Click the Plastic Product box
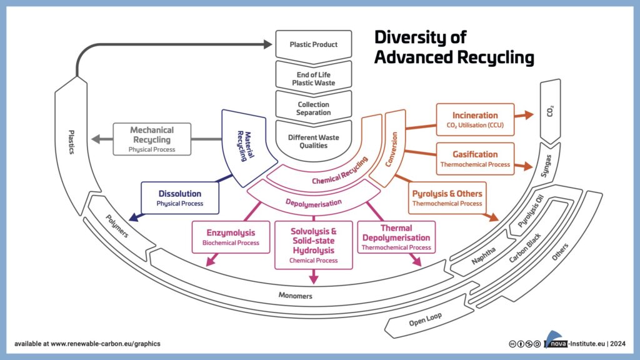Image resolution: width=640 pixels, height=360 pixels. tap(313, 45)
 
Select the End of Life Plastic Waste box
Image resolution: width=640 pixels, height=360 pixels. tap(313, 79)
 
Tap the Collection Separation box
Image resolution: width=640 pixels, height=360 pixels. tap(313, 109)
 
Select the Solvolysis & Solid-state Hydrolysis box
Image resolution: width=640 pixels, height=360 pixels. tap(313, 244)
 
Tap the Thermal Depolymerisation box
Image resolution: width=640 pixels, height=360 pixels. tap(396, 237)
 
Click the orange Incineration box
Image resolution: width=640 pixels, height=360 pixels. tap(475, 119)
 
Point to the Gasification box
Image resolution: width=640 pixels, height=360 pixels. tap(475, 159)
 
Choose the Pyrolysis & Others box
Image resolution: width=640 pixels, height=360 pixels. tap(447, 197)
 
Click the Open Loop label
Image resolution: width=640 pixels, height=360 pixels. tap(425, 319)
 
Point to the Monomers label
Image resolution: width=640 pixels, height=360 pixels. tap(295, 296)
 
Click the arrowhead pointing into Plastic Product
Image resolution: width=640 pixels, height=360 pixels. tap(267, 45)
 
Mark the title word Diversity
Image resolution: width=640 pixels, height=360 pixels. tap(420, 37)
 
